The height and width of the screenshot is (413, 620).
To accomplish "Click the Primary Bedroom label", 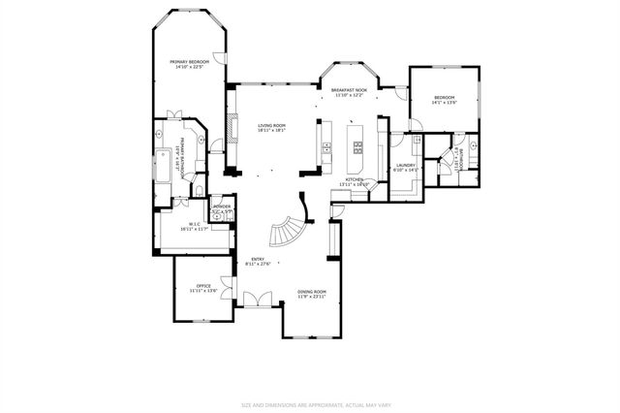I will (x=191, y=61).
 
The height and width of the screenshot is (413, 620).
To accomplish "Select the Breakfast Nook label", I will (x=347, y=89).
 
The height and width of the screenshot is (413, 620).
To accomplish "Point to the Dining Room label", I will (x=311, y=292).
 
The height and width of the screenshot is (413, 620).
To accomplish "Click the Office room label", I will (x=203, y=286).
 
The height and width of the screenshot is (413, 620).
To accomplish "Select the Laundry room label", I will (x=406, y=166).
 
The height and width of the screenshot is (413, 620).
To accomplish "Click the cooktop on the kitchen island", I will (x=357, y=148).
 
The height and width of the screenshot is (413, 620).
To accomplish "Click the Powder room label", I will (x=222, y=206).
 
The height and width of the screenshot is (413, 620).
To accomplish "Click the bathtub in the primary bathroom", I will (x=160, y=167).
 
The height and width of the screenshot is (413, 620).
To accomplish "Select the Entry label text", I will (x=259, y=259).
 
